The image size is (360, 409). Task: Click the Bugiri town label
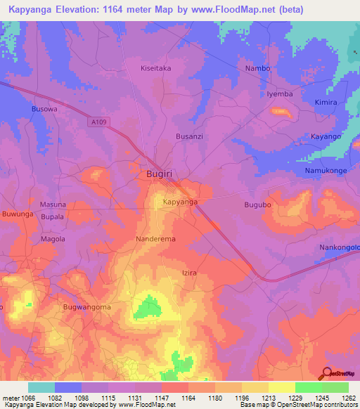click(x=160, y=173)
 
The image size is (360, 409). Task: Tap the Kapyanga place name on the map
click(x=180, y=202)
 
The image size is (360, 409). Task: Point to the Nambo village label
click(x=258, y=68)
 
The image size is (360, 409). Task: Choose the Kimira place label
click(x=326, y=102)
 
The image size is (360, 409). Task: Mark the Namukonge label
click(x=326, y=171)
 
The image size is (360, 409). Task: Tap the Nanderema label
click(x=155, y=239)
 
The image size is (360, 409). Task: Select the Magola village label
click(x=52, y=239)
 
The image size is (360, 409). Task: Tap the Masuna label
click(x=53, y=204)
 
